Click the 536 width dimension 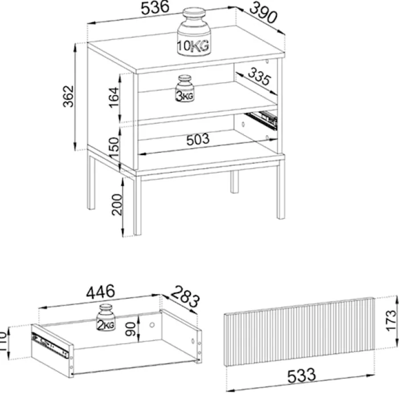[x=155, y=7]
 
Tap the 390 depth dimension [x=263, y=13]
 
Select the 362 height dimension [x=68, y=96]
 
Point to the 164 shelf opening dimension [x=114, y=98]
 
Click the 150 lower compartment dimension [x=114, y=148]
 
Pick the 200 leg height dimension [x=117, y=205]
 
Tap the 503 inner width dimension [x=198, y=140]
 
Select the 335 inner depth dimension [x=259, y=76]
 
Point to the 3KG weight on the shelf [x=185, y=88]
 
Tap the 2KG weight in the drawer [x=106, y=318]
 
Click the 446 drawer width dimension [x=100, y=292]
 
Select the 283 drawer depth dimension [x=185, y=296]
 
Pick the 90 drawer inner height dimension [x=131, y=329]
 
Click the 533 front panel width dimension [x=302, y=376]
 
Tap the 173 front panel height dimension [x=391, y=320]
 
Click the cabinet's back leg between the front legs [x=234, y=181]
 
